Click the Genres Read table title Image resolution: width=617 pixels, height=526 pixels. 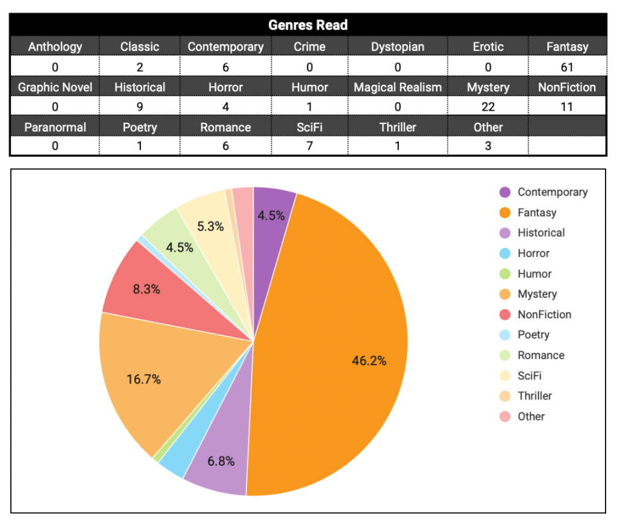point(308,25)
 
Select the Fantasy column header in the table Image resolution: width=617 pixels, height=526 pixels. point(567,46)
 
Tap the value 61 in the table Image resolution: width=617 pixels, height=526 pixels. point(567,67)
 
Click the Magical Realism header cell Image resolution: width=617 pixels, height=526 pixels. point(397,87)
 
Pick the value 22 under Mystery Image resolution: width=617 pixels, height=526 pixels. point(488,107)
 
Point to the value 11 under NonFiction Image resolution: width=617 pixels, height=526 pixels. point(567,107)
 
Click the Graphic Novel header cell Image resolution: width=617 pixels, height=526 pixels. point(55,87)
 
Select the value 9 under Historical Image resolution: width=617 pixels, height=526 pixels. point(140,107)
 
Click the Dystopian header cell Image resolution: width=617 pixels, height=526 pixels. point(397,46)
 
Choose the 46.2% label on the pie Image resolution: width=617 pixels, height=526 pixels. point(369,361)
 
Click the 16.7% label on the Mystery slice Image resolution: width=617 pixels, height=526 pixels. point(143,380)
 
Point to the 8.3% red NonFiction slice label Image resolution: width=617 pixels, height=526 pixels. point(146,289)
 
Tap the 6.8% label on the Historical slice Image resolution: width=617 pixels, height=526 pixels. point(221,462)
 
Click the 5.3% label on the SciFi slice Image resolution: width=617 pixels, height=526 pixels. point(210,227)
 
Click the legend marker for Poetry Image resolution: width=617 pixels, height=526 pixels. point(505,335)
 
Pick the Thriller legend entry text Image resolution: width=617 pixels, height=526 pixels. point(534,396)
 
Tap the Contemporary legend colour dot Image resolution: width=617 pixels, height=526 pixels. point(505,192)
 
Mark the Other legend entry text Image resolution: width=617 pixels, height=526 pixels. point(531,416)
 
